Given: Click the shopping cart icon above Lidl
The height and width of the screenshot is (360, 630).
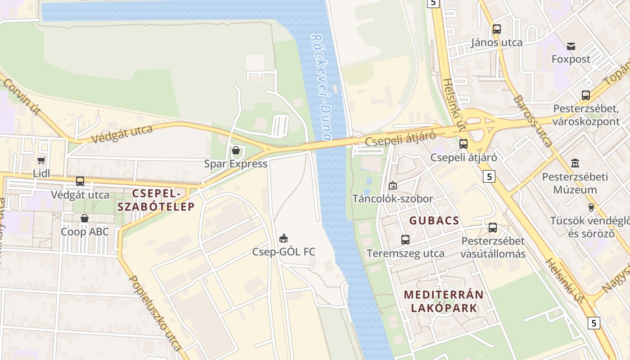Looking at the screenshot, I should (x=41, y=160).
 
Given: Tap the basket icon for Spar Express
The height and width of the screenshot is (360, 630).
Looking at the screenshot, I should (x=235, y=150).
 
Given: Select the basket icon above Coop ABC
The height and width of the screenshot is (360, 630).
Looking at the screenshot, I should (x=84, y=218).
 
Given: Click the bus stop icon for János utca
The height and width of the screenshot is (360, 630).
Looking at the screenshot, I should (x=496, y=29).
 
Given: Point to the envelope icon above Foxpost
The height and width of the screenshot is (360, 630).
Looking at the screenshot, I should (x=571, y=46).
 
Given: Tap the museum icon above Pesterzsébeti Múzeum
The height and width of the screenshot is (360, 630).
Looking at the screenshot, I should (x=575, y=163).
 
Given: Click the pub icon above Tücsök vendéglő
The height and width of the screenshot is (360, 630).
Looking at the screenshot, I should (x=591, y=207).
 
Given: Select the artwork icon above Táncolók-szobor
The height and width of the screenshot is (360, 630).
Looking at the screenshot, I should (x=392, y=185).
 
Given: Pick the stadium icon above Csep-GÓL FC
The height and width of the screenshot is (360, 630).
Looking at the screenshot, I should (x=283, y=238).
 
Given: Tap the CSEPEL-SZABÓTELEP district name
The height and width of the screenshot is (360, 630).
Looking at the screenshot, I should (x=157, y=200).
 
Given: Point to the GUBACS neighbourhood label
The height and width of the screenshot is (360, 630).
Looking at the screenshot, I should (x=434, y=221).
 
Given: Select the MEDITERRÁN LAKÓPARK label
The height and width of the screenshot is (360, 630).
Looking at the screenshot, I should (x=444, y=301).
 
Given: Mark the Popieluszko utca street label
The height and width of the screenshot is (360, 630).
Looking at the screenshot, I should (x=155, y=313).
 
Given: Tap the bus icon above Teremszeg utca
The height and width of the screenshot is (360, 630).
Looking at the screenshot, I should (x=405, y=240).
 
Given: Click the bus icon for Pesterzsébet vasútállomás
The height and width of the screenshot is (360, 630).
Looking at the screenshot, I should (x=493, y=228).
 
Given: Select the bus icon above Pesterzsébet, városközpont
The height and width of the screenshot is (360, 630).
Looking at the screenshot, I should (x=585, y=95).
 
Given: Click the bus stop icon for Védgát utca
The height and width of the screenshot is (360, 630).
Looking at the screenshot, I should (x=80, y=181).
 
